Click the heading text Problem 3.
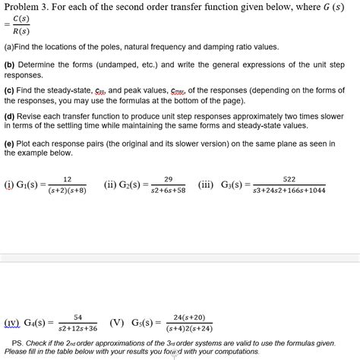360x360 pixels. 29,9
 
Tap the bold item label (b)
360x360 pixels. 10,66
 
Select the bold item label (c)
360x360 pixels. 10,90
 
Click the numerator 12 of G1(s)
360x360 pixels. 67,179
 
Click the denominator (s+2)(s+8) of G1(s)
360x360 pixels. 67,190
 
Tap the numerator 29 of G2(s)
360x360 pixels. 168,179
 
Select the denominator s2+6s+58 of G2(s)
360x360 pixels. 168,190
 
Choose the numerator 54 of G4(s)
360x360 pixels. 78,317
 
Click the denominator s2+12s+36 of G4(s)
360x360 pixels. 78,328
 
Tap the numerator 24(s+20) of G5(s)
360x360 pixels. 189,317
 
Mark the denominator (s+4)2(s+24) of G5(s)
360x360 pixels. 189,328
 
